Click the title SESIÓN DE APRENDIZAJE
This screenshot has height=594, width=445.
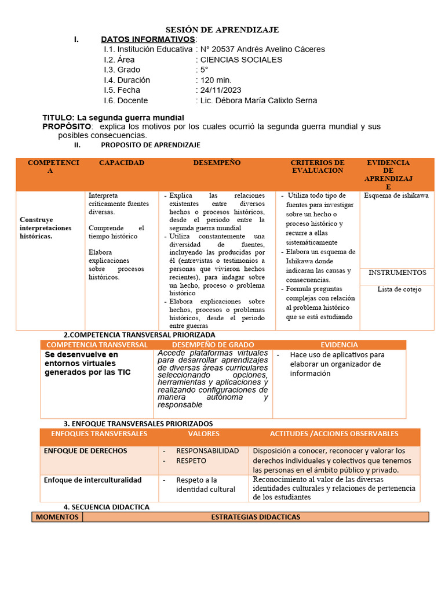[x=222, y=30]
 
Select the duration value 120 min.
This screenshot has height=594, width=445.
[x=216, y=80]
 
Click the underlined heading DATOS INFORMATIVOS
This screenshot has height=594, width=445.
[x=148, y=39]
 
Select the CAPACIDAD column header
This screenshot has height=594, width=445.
[x=122, y=163]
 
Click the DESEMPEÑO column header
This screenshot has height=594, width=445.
[x=217, y=163]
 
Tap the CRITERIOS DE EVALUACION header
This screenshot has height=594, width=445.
[x=317, y=166]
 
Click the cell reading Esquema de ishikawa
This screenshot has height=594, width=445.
[x=396, y=196]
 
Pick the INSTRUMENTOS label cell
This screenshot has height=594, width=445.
[x=397, y=273]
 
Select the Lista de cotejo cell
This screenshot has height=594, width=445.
[x=399, y=289]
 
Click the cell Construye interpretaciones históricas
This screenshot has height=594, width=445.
[x=46, y=228]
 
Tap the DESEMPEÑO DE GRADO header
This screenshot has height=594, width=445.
[x=213, y=345]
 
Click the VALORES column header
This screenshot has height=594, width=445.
[x=203, y=434]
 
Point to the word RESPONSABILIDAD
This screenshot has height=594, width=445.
[x=207, y=451]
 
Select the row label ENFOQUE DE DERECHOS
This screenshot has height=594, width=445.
[x=85, y=451]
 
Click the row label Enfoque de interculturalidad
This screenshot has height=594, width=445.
[x=93, y=480]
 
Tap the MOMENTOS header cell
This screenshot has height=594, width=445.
[x=57, y=517]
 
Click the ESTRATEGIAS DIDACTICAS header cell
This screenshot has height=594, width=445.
[x=256, y=517]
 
